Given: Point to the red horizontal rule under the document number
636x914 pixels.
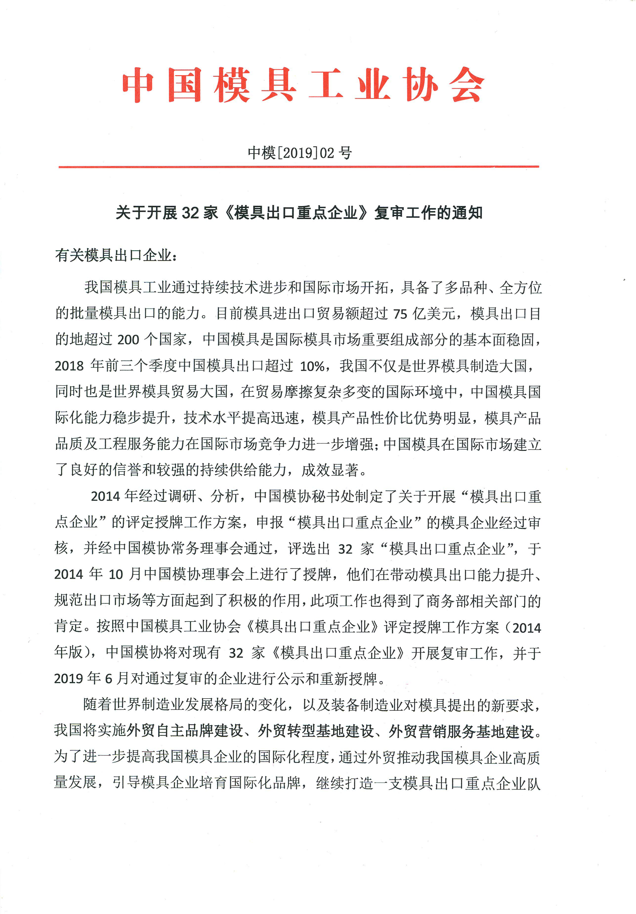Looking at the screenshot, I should pyautogui.click(x=299, y=166).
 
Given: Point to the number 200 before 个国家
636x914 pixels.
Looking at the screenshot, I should pyautogui.click(x=128, y=340).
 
